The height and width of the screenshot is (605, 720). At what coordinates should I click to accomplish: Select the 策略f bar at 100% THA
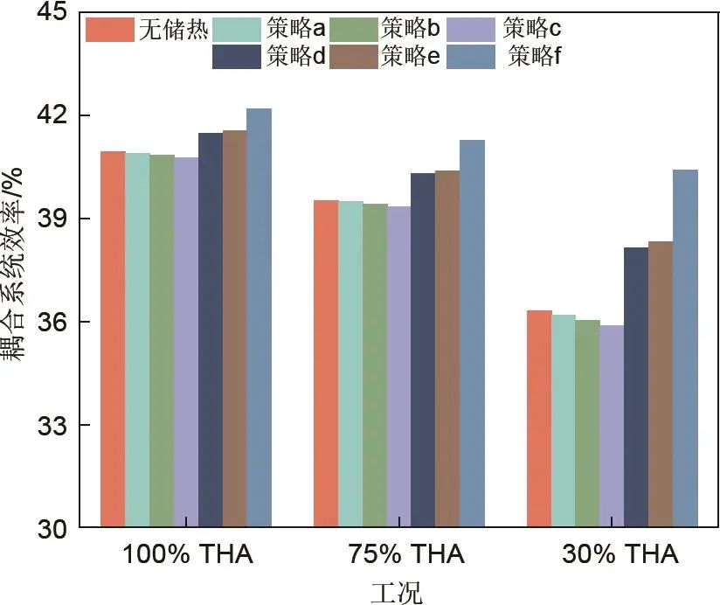(259, 318)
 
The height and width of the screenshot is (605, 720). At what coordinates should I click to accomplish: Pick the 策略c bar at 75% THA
(398, 367)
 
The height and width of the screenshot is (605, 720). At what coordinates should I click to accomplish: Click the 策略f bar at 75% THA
(472, 334)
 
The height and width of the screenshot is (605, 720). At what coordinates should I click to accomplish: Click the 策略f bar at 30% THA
(685, 349)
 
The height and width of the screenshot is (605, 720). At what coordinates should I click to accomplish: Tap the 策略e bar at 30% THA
(661, 385)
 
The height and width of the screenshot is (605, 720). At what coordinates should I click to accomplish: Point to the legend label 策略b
(409, 30)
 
